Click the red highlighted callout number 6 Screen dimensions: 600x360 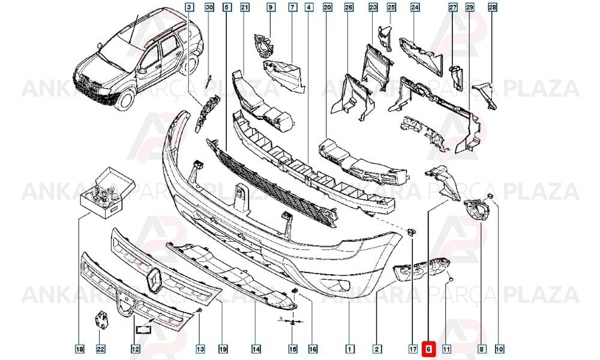[428, 349]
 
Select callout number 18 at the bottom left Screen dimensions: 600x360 [79, 349]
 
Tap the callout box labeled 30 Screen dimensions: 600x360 [209, 7]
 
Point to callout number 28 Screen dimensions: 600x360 [493, 7]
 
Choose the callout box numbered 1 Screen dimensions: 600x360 [349, 349]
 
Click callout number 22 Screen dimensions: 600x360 [100, 349]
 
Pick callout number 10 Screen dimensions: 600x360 [499, 349]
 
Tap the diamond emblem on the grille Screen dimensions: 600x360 [154, 280]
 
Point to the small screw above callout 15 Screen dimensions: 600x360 [292, 324]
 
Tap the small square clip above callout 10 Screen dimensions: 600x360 [491, 197]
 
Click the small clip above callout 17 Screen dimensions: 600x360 [412, 232]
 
